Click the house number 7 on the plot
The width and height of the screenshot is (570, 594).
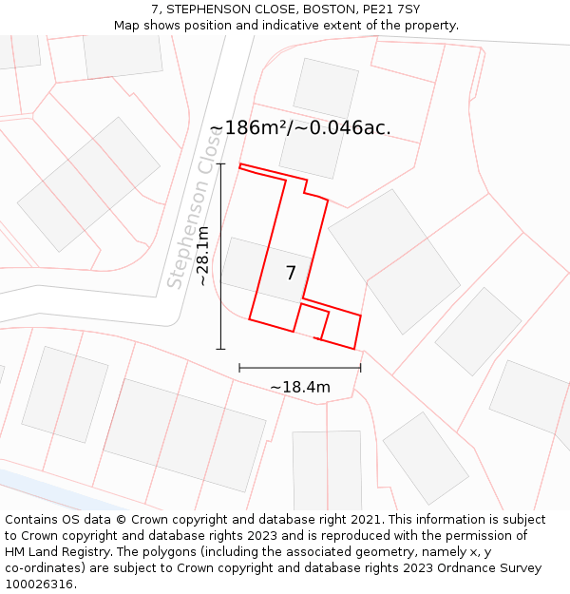click(x=291, y=274)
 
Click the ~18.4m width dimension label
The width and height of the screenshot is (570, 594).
click(x=300, y=387)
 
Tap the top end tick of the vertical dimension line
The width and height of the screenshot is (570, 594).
click(x=220, y=164)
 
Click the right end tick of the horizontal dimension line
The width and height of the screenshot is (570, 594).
click(x=361, y=368)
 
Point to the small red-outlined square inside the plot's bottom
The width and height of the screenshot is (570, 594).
click(x=313, y=321)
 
